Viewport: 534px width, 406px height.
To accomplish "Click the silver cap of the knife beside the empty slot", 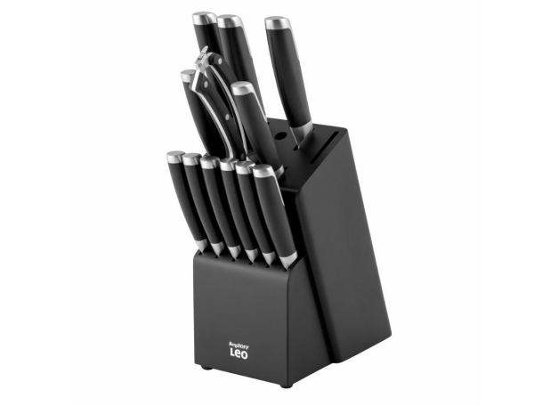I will click(x=275, y=21).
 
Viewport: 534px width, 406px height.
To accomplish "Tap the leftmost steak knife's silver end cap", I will click(x=174, y=157).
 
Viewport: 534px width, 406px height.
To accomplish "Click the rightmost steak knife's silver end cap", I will click(x=263, y=169).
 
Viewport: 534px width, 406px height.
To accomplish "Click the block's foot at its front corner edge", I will click(x=287, y=383).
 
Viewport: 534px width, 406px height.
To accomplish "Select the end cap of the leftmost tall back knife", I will click(x=203, y=17).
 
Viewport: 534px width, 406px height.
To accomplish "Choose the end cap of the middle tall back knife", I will click(x=230, y=20).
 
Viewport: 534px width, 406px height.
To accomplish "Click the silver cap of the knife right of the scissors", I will click(x=242, y=88).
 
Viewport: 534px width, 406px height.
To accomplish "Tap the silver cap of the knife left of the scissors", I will click(x=187, y=76).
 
